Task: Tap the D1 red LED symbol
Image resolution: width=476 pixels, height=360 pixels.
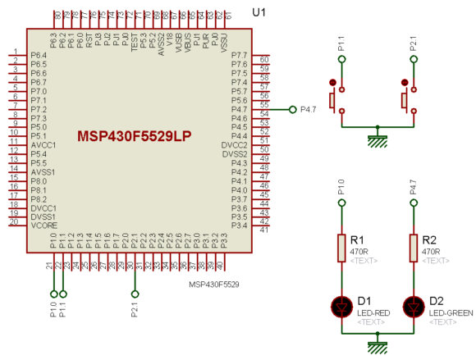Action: [x=341, y=307]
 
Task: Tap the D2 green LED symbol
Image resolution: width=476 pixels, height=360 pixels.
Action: [x=413, y=307]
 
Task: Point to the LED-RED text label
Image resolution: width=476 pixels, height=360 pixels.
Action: [x=376, y=313]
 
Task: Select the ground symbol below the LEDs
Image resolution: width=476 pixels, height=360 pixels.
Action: [x=377, y=345]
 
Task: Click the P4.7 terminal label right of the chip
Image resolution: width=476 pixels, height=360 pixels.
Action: [x=309, y=109]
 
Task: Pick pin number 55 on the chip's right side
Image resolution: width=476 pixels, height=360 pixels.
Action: [x=263, y=105]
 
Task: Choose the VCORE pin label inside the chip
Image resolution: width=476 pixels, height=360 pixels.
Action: [x=44, y=225]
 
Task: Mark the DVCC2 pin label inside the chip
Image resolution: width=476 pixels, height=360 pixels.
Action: [x=234, y=145]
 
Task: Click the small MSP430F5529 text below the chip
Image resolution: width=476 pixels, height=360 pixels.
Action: [x=213, y=285]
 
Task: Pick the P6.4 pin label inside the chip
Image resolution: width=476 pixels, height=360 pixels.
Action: [x=39, y=55]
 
